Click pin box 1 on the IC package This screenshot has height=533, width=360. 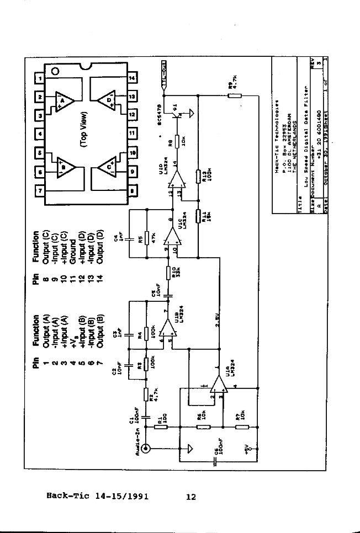click(39, 78)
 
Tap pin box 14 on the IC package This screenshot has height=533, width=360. click(131, 78)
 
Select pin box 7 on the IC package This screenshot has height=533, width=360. click(39, 191)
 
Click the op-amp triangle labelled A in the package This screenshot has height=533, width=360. click(63, 101)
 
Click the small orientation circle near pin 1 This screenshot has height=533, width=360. click(55, 71)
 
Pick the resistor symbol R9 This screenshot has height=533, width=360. click(235, 95)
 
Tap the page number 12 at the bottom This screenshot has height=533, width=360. click(191, 497)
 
